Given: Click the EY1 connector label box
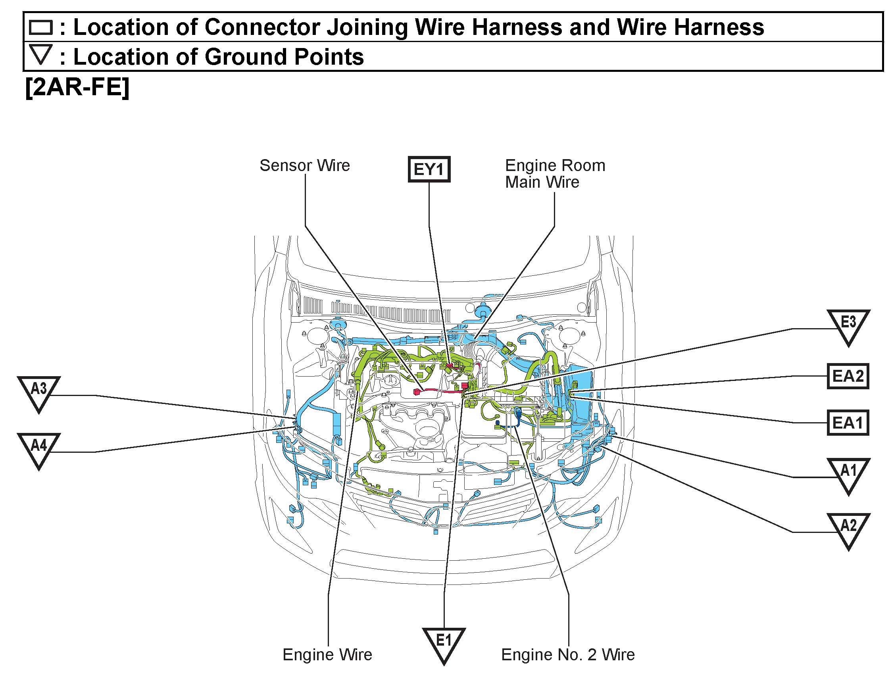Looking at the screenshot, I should coord(429,169).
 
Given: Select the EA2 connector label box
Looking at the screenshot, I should coord(848,376).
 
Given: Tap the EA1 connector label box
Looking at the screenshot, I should coord(848,423).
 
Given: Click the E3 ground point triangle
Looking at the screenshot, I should coord(848,325).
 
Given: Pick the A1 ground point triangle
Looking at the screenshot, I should coord(848,473).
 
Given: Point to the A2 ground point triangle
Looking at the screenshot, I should coord(848,528).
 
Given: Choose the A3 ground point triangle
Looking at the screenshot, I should coord(39,391).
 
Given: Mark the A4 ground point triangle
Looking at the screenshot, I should coord(39,448).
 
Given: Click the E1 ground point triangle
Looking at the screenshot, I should coord(444,642).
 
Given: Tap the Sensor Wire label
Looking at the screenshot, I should coord(304,165).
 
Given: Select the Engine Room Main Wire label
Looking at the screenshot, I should coord(555,174).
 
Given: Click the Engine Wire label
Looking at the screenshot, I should coord(327,654).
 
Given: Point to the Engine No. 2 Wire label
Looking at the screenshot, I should coord(568,654).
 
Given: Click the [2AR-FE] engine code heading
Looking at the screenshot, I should coord(77,87).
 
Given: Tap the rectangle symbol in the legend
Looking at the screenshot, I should coord(41,27).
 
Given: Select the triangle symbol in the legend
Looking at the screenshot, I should coord(41,54).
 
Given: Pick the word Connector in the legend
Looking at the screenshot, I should coord(262,27).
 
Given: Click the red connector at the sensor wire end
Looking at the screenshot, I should coord(417,392).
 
